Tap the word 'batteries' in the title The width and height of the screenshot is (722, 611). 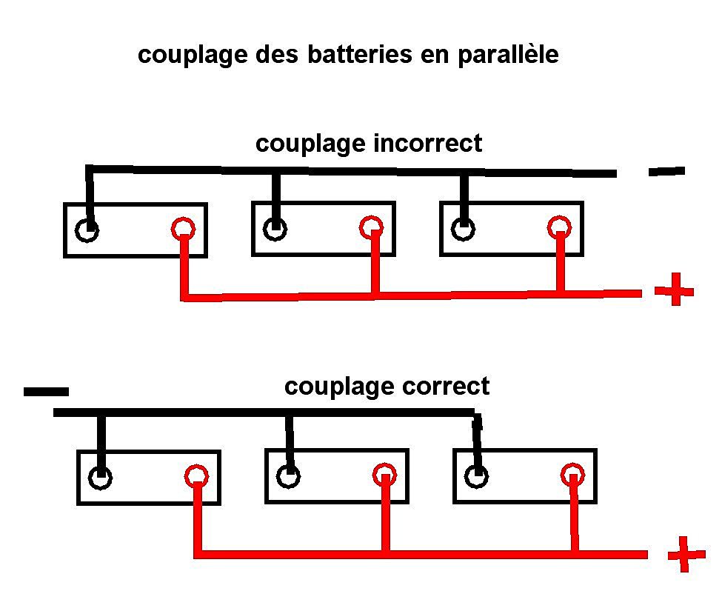coord(360,54)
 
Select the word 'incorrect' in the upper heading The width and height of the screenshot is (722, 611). coord(428,143)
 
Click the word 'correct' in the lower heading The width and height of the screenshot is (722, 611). coord(446,387)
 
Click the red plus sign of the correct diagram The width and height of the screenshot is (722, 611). coord(686,555)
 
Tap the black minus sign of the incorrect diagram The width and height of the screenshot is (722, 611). coord(666,172)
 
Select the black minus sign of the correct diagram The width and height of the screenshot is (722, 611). coord(46,392)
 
